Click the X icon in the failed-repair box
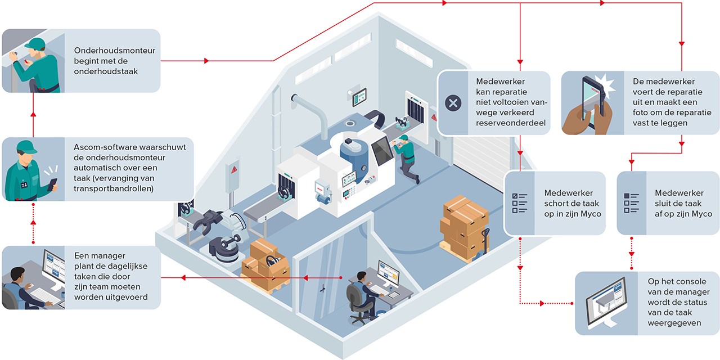[453, 103]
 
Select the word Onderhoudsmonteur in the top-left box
[115, 51]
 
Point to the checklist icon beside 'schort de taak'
[519, 203]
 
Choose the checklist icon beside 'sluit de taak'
[632, 203]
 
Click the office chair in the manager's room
[357, 304]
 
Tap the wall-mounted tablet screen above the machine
[359, 97]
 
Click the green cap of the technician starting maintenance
[34, 43]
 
